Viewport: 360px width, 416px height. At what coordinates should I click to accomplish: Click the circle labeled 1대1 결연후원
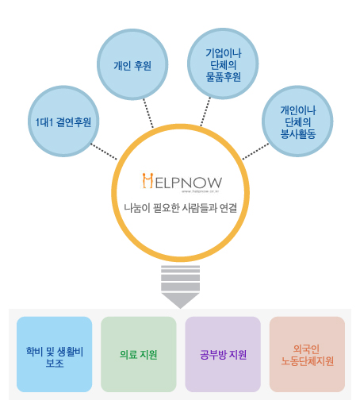click(63, 121)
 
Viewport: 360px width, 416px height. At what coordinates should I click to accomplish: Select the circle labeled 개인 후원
click(132, 64)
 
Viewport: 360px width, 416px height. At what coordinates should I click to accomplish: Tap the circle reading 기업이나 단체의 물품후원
click(223, 64)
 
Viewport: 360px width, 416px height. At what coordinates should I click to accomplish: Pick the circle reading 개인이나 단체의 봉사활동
click(297, 121)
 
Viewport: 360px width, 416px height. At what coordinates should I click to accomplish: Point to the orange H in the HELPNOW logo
click(147, 181)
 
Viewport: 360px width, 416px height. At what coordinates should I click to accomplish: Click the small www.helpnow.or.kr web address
click(201, 191)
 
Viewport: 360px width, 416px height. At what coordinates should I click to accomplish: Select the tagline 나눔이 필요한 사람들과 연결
click(181, 208)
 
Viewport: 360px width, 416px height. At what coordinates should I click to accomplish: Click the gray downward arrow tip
click(181, 308)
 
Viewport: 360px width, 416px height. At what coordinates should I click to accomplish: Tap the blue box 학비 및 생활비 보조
click(54, 354)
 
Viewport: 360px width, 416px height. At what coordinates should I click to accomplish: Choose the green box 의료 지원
click(139, 354)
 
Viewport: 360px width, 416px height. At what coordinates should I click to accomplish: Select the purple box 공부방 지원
click(223, 354)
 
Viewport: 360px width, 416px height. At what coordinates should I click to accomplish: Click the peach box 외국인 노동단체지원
click(308, 354)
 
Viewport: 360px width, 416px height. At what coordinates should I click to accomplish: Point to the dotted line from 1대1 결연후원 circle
click(104, 152)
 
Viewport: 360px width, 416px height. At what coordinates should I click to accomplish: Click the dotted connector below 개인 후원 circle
click(148, 114)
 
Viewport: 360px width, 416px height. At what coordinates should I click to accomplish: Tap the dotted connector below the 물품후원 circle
click(205, 112)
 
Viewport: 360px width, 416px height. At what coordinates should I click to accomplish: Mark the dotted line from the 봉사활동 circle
click(255, 152)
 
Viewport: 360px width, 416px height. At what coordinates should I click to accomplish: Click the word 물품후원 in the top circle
click(224, 77)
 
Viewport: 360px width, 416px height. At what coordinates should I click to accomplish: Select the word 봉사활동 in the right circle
click(298, 134)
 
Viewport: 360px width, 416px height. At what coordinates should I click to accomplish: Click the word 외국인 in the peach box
click(307, 349)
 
